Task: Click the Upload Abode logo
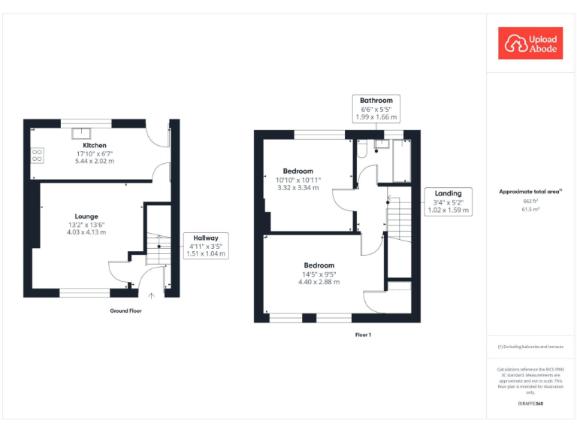(530, 43)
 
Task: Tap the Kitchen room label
(95, 145)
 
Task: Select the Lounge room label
(86, 216)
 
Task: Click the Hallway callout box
(206, 246)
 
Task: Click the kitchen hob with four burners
(37, 156)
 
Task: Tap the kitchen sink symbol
(77, 135)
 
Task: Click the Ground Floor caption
(125, 310)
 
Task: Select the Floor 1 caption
(363, 335)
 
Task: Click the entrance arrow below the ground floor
(152, 295)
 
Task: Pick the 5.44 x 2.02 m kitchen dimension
(95, 161)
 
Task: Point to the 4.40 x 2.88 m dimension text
(319, 282)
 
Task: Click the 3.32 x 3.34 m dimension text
(298, 188)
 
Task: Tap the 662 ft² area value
(531, 201)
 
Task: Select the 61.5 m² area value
(531, 210)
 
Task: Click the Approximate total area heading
(530, 192)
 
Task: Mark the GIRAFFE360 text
(530, 404)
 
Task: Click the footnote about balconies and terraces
(530, 347)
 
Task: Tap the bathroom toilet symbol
(362, 151)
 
